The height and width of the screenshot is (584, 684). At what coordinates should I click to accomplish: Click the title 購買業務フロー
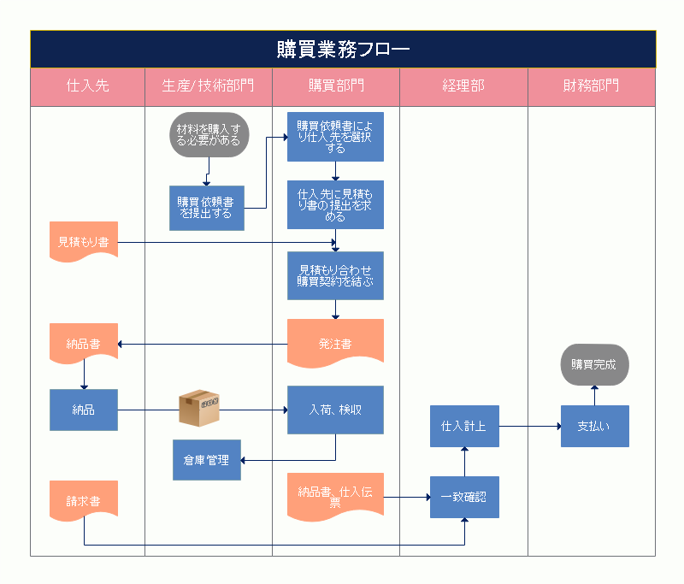tap(343, 50)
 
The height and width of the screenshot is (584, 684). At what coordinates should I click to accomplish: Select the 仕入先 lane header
tap(87, 86)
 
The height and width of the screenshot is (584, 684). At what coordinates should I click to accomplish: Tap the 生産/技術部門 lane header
tap(208, 86)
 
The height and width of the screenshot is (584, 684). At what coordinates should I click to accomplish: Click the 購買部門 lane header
tap(336, 86)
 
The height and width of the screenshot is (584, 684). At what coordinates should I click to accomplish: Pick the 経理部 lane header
tap(463, 86)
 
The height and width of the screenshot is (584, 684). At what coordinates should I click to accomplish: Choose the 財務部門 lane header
tap(591, 86)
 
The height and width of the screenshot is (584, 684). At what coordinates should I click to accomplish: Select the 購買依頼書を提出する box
tap(207, 208)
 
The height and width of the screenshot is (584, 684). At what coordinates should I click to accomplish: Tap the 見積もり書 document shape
tap(83, 242)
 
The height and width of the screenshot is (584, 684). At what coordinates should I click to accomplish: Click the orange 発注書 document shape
tap(335, 343)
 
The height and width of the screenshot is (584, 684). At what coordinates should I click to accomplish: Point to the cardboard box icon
tap(199, 408)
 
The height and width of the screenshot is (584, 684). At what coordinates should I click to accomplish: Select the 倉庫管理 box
tap(207, 460)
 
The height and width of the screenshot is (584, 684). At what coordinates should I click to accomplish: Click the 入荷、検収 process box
tap(335, 410)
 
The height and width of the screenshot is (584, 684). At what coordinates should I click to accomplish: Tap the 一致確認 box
tap(463, 496)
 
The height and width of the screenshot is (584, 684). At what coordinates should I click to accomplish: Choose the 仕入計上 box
tap(463, 426)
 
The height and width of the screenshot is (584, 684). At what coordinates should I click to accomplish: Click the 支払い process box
tap(594, 426)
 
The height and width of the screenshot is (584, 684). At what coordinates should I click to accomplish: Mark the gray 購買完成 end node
tap(594, 364)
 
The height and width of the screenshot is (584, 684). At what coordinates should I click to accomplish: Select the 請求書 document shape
tap(83, 500)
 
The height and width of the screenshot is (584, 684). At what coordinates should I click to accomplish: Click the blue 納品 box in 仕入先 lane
tap(83, 410)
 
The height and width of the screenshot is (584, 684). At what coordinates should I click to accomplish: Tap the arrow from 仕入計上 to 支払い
tap(529, 426)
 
